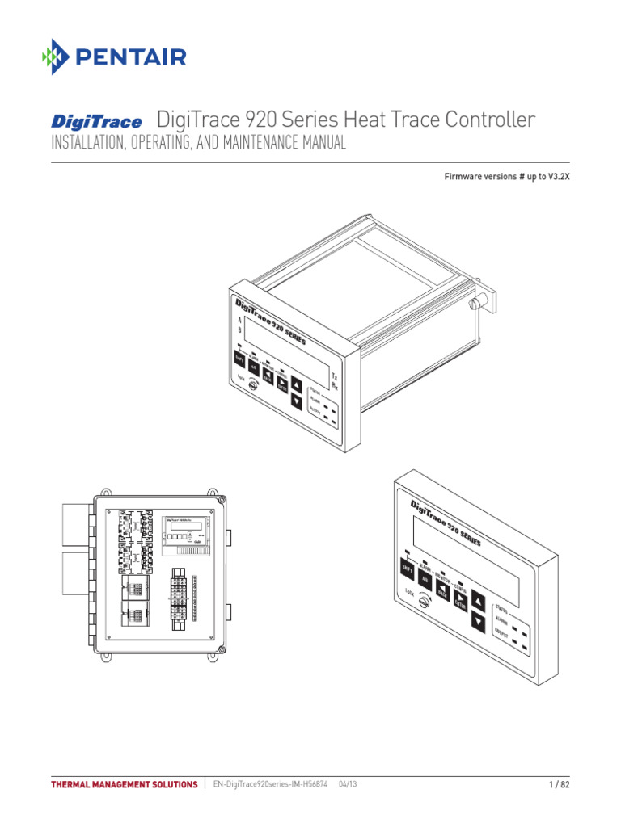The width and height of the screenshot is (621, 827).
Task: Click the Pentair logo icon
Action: [57, 57]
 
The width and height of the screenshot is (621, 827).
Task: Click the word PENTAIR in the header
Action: [132, 57]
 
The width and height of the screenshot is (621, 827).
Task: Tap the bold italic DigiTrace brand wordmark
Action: [97, 122]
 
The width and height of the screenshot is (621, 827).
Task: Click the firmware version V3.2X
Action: [557, 176]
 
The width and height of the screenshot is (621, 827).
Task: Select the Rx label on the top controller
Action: [335, 387]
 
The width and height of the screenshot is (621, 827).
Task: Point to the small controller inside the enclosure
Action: [182, 532]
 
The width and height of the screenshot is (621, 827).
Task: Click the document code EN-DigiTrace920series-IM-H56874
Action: [270, 784]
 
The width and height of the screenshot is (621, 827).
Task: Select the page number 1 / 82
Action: [560, 784]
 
